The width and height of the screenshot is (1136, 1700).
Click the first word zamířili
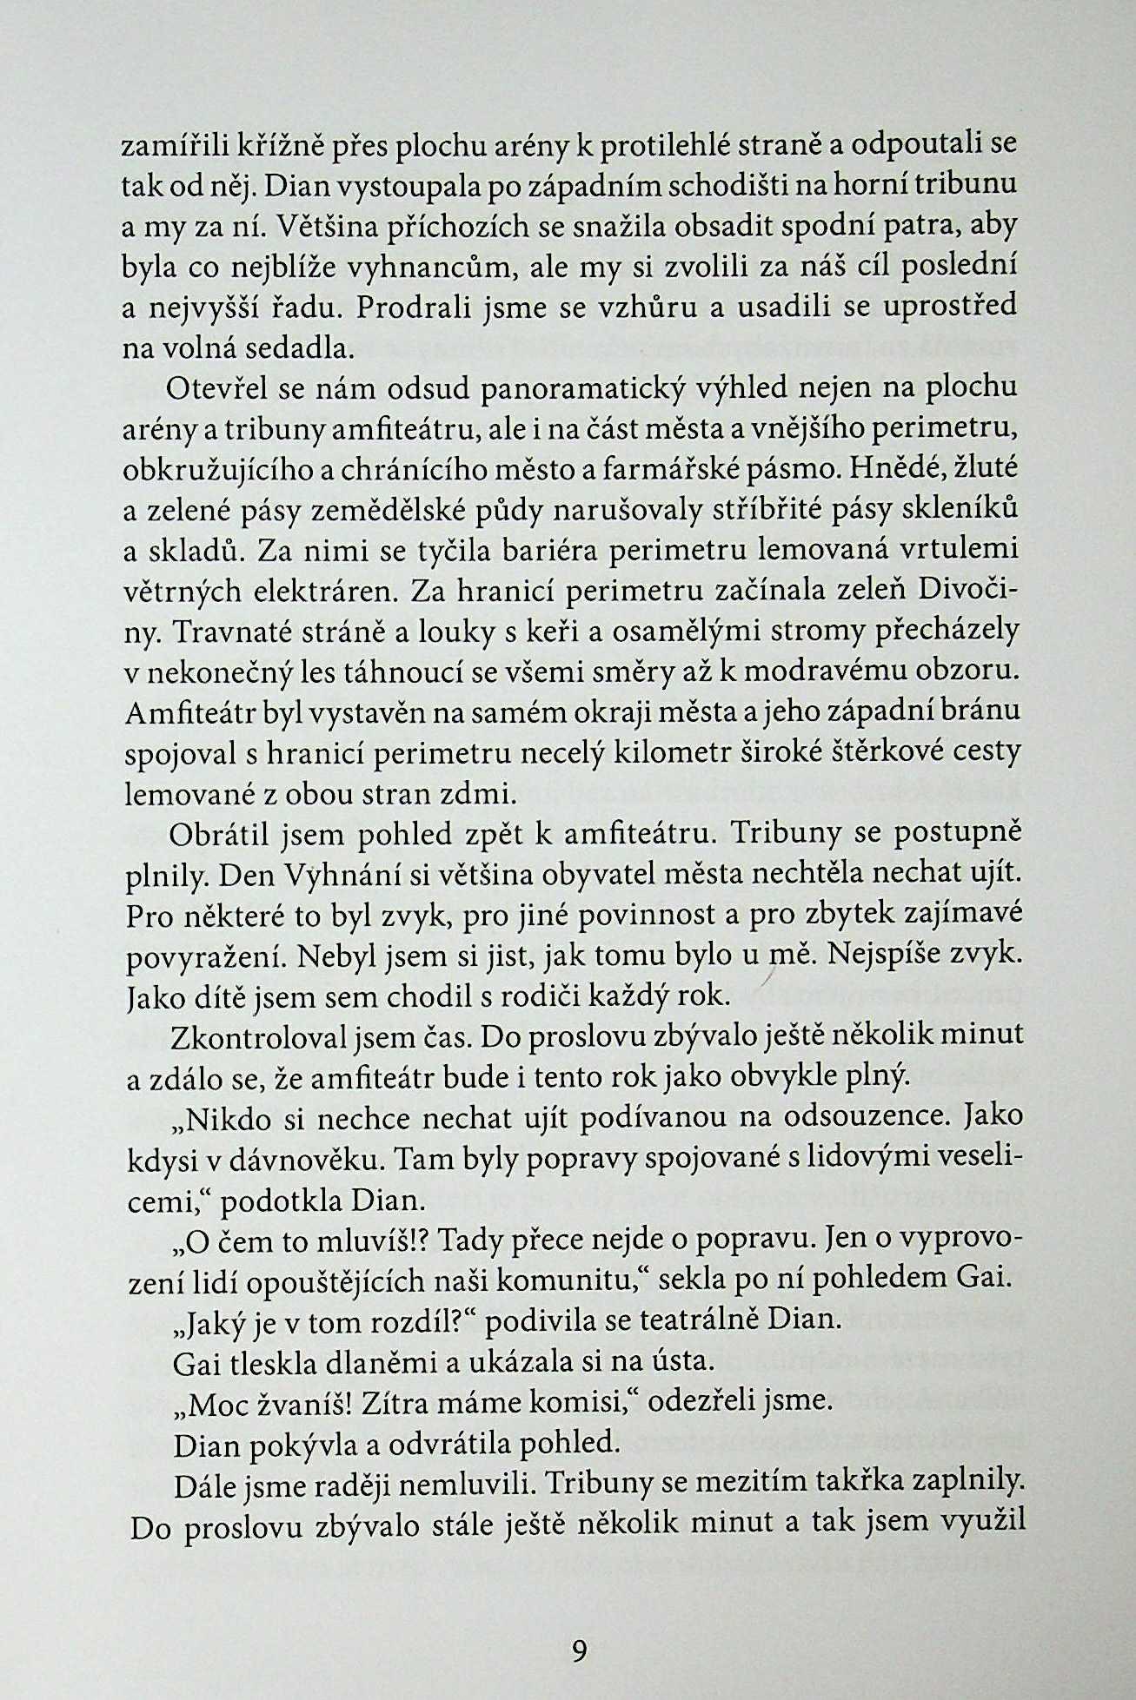[x=169, y=145]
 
